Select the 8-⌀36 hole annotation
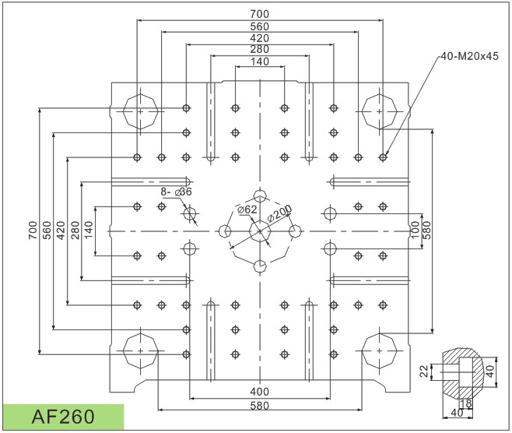click(176, 191)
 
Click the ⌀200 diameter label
click(279, 212)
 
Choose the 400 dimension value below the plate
click(260, 391)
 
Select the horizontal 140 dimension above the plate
click(260, 62)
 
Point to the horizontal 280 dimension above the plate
click(260, 50)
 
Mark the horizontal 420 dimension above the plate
click(260, 38)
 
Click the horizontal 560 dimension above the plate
click(260, 26)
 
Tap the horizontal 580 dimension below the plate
click(260, 406)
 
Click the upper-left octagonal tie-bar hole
click(140, 111)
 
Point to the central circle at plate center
click(260, 231)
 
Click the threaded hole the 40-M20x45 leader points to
click(382, 157)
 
